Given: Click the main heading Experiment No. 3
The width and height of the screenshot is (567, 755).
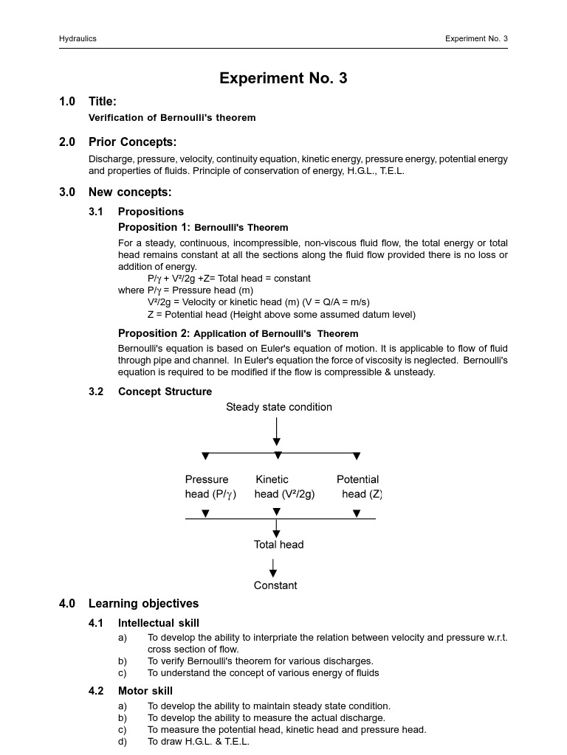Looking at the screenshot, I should point(283,78).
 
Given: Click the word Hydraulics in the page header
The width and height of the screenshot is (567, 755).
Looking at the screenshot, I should point(78,38).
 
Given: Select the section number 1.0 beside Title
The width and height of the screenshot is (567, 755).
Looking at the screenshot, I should point(67,102).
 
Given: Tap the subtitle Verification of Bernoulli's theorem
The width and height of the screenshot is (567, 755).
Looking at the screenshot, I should point(172,118).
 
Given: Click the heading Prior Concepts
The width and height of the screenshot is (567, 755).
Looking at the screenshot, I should point(132,142).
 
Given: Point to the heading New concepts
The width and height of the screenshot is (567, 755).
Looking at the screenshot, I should point(130,192).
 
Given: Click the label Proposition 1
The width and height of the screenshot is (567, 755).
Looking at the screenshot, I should point(154,227).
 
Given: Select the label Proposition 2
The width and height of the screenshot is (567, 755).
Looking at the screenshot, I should point(154,333).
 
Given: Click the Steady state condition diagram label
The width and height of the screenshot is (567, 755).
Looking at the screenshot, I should point(279,407).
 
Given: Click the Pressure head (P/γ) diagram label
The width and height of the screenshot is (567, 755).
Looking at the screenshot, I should point(210,487).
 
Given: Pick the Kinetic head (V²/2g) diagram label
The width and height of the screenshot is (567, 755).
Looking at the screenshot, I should point(284,487).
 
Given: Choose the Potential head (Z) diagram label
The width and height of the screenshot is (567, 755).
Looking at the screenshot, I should point(360,487).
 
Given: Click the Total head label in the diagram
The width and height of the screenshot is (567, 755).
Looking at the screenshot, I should point(279,545).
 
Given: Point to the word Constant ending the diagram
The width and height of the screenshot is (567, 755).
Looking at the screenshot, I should point(275,585).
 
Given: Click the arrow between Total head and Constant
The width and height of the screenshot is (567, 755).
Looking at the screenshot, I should point(274,567).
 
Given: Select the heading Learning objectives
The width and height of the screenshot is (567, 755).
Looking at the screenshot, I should point(143,604).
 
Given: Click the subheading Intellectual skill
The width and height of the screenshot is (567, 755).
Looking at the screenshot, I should point(159,623).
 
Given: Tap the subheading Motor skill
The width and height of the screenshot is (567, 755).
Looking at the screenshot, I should point(145,691).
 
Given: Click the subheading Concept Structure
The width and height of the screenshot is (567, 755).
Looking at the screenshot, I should point(165,392).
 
